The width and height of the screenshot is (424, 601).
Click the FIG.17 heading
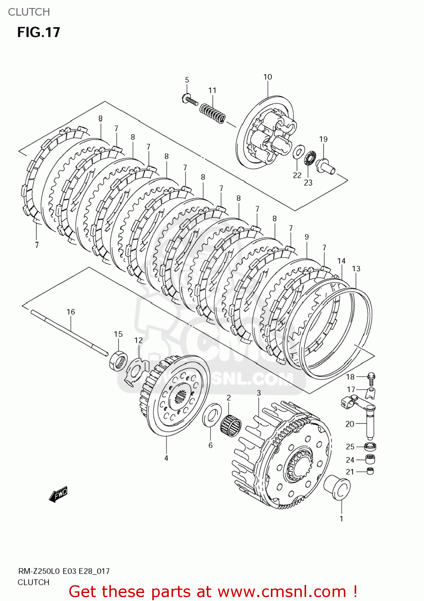(38, 32)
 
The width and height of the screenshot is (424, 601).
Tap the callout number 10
(268, 77)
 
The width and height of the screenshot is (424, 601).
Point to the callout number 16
(71, 312)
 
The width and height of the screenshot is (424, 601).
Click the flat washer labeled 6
(212, 415)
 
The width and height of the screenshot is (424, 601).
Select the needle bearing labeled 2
(231, 424)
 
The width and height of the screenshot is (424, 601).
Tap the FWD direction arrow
(58, 494)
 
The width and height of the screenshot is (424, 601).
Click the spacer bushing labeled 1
(337, 487)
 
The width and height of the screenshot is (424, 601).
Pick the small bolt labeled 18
(371, 377)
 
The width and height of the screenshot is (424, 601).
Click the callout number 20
(350, 424)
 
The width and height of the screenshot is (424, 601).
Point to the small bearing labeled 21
(370, 471)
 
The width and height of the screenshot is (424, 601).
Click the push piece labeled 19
(325, 165)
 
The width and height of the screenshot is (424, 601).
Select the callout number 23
(308, 183)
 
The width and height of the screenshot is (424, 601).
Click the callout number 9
(307, 237)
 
